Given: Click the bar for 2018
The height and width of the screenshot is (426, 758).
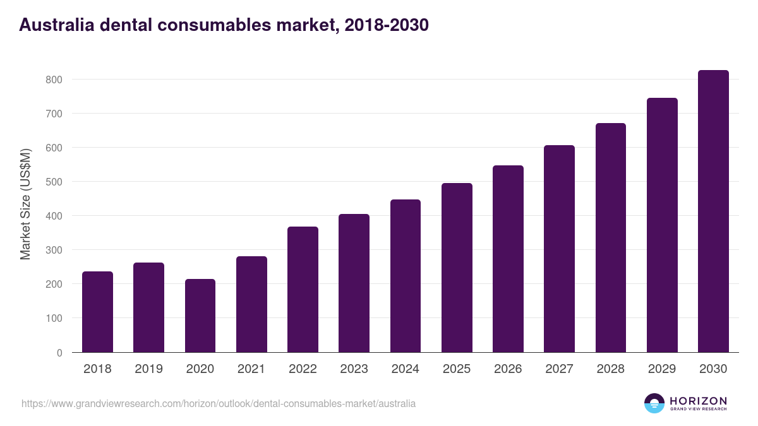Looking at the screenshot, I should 97,312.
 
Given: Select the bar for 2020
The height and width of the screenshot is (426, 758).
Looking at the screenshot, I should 200,316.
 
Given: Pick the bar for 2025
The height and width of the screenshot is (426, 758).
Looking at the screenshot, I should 457,268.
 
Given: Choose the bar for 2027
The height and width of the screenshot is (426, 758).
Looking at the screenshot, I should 559,249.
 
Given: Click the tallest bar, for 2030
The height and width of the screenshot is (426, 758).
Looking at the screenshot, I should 713,211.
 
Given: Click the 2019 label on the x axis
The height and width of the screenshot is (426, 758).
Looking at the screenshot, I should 148,369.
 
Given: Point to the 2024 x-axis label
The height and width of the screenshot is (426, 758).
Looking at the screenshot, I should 405,369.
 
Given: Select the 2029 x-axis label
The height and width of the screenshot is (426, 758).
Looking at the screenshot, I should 662,369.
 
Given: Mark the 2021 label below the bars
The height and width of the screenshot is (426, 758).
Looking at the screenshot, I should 251,369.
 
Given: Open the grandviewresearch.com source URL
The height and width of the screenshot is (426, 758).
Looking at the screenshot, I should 219,403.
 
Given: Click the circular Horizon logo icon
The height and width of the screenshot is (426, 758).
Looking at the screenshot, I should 654,403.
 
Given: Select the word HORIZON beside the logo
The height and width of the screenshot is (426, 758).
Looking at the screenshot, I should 698,401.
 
